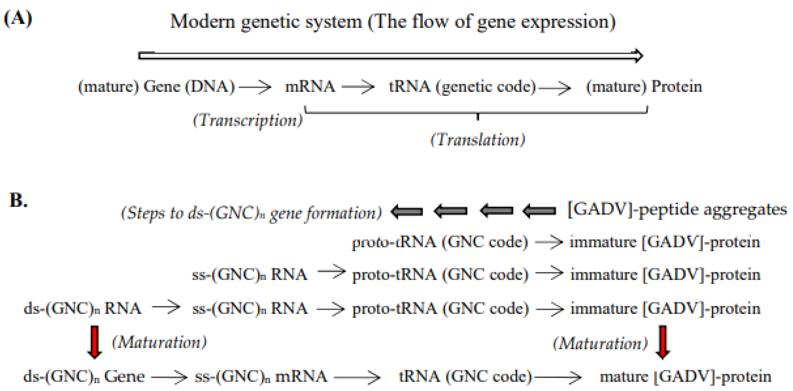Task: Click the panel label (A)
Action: click(x=18, y=19)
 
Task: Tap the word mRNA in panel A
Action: click(x=310, y=86)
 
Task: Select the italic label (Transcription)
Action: click(x=247, y=120)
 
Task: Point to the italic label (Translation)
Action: click(x=477, y=140)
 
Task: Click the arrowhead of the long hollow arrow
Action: click(x=639, y=56)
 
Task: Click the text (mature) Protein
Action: click(x=644, y=86)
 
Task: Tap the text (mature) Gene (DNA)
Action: click(x=156, y=86)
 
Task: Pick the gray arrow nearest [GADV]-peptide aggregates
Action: click(x=539, y=211)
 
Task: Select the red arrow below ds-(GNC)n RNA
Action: click(x=94, y=342)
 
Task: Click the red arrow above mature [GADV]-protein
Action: click(x=663, y=342)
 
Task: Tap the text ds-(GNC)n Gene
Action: click(x=84, y=376)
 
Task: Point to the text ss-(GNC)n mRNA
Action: click(x=261, y=376)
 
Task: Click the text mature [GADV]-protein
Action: click(x=685, y=377)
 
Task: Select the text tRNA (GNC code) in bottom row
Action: click(x=466, y=376)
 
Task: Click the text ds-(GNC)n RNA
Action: click(x=82, y=308)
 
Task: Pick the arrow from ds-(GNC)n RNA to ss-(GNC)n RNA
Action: click(x=166, y=307)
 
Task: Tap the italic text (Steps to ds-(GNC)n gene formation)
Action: click(x=251, y=213)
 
